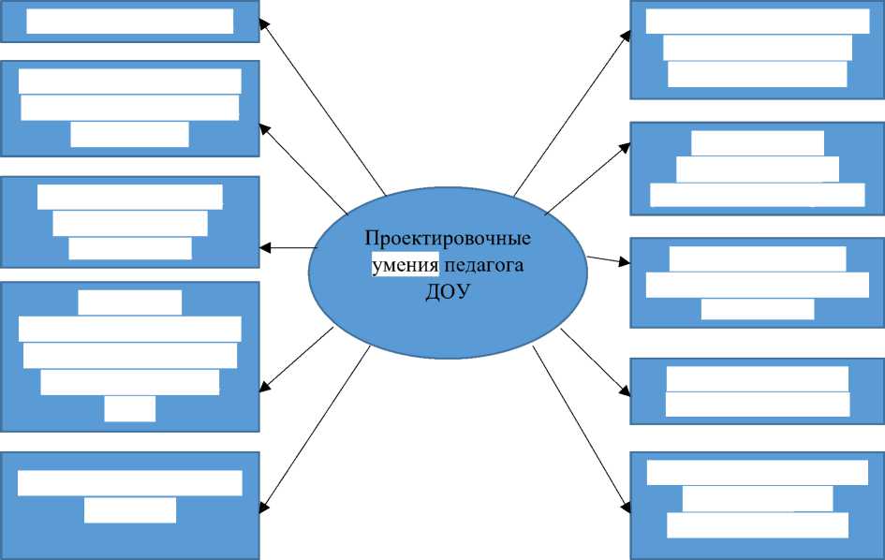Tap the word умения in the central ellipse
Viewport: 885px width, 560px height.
405,265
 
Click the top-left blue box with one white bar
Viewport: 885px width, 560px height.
129,22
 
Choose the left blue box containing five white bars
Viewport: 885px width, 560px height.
129,356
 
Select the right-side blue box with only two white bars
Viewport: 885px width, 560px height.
757,391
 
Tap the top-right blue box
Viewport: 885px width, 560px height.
757,49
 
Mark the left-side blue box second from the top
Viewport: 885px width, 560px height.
129,108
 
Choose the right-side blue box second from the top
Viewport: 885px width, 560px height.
757,169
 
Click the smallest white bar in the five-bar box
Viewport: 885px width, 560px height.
129,409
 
